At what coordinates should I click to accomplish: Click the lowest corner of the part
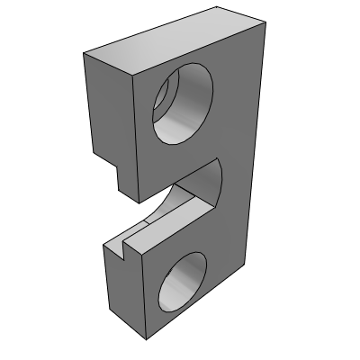(x=146, y=341)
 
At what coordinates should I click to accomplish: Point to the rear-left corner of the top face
(x=83, y=54)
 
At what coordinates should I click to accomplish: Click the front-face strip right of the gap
(x=236, y=180)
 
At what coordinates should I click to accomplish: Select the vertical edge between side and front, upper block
(x=136, y=135)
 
